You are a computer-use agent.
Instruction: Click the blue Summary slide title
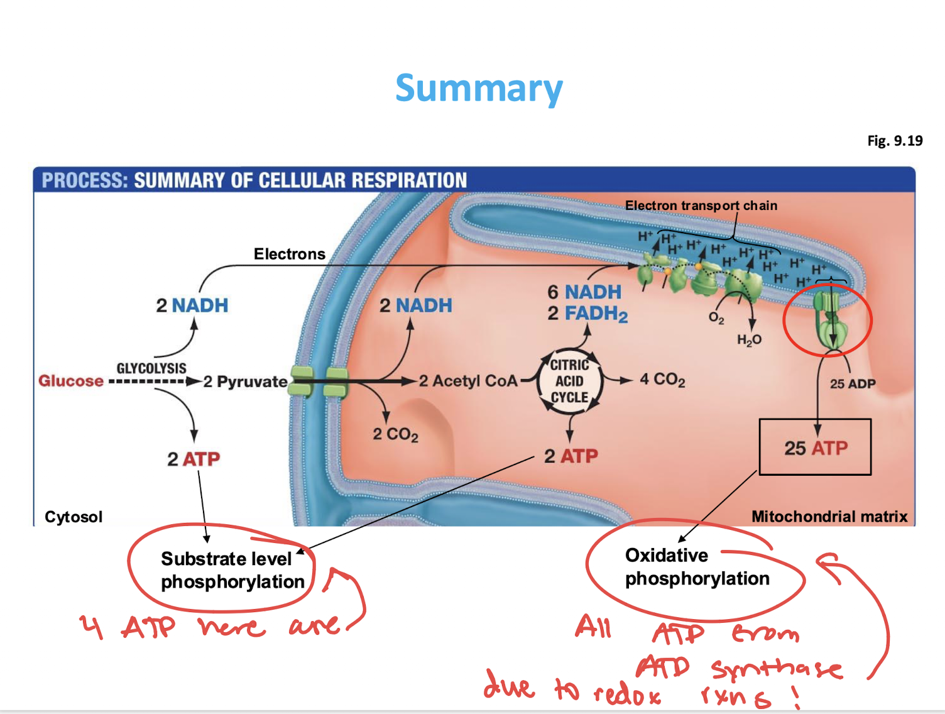tap(479, 89)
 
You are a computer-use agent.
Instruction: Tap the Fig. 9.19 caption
tap(895, 141)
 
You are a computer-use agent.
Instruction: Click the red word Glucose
tap(71, 381)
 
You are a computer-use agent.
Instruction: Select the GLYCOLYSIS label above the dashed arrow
tap(151, 368)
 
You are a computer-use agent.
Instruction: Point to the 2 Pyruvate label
tap(245, 382)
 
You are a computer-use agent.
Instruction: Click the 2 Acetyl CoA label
tap(468, 381)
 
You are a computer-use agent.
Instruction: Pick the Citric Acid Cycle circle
tap(569, 382)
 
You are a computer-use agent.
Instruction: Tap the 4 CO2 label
tap(662, 380)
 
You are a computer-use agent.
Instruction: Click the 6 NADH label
tap(584, 292)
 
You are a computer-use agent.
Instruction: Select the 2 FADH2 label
tap(587, 314)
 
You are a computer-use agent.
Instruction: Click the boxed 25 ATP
tap(815, 448)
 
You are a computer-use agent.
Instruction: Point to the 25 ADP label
tap(852, 383)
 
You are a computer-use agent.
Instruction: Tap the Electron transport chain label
tap(701, 206)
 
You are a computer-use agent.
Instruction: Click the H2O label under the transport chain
tap(749, 340)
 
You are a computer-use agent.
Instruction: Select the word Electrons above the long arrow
tap(289, 254)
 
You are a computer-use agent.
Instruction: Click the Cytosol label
tap(74, 517)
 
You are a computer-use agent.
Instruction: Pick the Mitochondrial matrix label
tap(829, 517)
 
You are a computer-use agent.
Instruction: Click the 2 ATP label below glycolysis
tap(194, 459)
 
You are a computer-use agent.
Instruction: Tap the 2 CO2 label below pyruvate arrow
tap(395, 434)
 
